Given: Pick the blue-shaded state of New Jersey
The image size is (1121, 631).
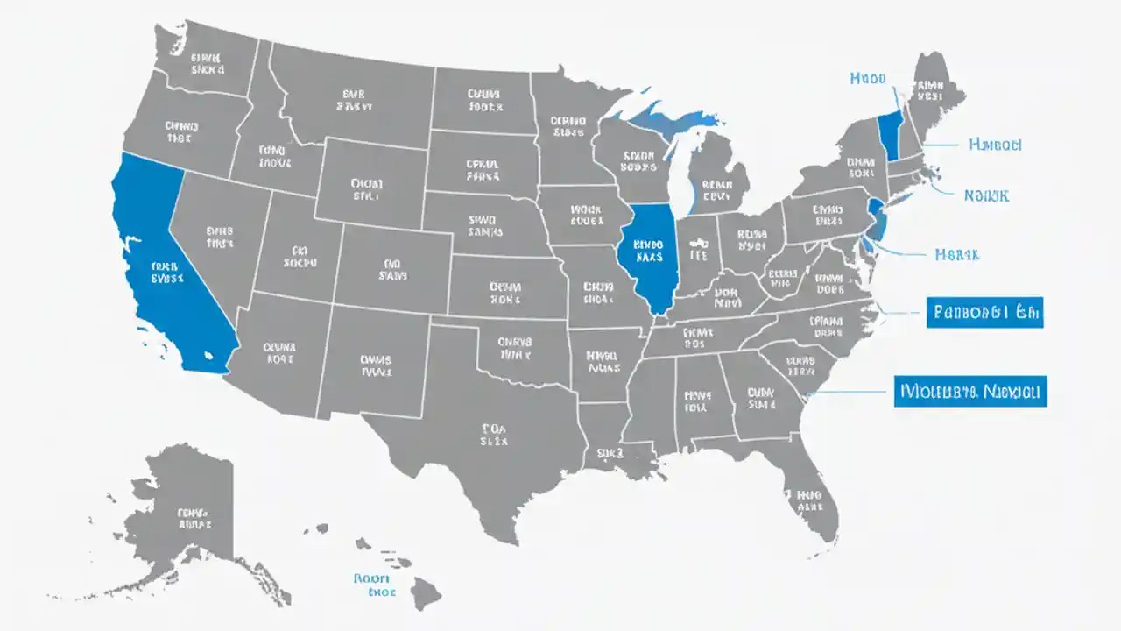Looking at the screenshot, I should [x=875, y=218].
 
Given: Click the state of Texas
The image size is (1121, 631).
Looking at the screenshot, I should [x=490, y=438].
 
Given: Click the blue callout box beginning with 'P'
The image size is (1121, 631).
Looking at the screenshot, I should [x=984, y=311].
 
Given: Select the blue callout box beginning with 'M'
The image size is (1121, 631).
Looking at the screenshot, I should [x=970, y=391].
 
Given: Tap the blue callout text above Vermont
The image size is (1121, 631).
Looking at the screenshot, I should [x=868, y=79].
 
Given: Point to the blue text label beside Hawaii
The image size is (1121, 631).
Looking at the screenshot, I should [x=375, y=585].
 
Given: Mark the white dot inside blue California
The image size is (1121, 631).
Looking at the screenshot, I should [x=208, y=355].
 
